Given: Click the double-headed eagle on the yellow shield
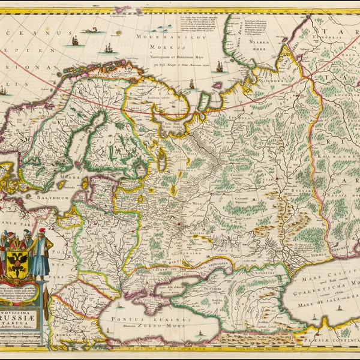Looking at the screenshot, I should pyautogui.click(x=17, y=265).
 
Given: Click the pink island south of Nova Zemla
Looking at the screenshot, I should pyautogui.click(x=217, y=85).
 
